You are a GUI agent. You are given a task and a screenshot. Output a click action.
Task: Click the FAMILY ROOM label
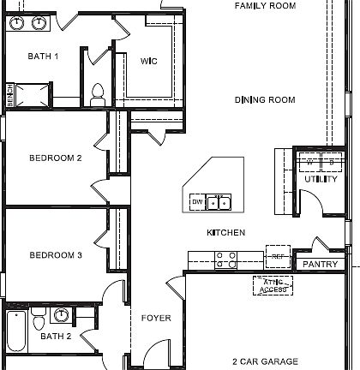[x=265, y=6]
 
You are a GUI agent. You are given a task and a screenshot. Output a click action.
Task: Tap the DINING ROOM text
[x=265, y=100]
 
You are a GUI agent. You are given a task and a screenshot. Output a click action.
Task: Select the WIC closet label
[x=147, y=60]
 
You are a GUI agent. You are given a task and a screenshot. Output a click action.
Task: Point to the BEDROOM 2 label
[x=55, y=158]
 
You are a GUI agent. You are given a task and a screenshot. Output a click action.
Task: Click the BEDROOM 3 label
[x=55, y=255]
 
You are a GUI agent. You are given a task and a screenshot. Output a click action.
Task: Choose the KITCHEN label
[x=226, y=233]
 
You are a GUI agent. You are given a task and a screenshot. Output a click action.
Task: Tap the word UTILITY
[x=321, y=180]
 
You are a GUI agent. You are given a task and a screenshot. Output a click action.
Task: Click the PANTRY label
[x=321, y=265]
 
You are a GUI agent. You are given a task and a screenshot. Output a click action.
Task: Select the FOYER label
[x=156, y=318]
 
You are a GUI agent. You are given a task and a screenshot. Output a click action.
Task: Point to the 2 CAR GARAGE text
[x=265, y=361]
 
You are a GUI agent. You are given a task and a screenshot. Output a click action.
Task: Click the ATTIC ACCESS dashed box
[x=273, y=286]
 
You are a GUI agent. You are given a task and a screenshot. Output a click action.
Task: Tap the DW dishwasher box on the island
[x=197, y=202]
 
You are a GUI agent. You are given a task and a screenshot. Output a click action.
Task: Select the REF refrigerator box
[x=277, y=256]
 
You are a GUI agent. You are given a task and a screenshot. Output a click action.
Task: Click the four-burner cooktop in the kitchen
[x=226, y=260]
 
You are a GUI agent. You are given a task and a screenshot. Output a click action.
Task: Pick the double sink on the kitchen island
[x=219, y=202]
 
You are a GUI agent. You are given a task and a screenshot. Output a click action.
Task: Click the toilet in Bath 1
[x=97, y=90]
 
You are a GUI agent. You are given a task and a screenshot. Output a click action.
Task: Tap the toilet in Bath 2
[x=38, y=320]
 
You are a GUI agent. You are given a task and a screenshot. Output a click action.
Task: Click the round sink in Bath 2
[x=62, y=314]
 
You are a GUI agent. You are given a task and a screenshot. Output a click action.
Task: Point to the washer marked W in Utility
[x=309, y=161]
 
